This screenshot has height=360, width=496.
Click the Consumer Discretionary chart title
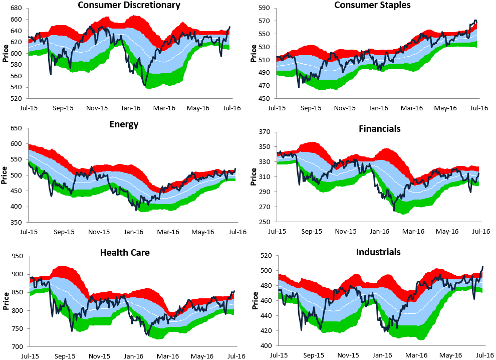tap(129, 6)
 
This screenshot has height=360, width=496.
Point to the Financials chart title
tap(379, 128)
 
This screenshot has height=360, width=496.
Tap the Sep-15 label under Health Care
tap(65, 356)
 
